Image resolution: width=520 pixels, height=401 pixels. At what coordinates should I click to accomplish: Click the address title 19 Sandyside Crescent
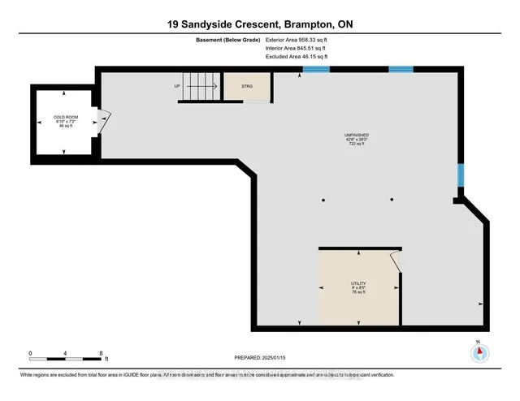(x=259, y=25)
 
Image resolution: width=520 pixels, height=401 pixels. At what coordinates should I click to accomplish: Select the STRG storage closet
(x=245, y=85)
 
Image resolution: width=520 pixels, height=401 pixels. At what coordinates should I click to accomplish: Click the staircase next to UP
(x=197, y=85)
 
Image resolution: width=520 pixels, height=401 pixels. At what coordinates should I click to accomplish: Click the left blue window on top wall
(x=316, y=69)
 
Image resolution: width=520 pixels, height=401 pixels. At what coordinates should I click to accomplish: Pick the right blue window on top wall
(x=401, y=69)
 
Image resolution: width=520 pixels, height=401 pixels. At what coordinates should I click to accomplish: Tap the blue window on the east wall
(x=460, y=175)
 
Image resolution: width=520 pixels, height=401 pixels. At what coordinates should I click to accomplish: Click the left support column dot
(x=323, y=200)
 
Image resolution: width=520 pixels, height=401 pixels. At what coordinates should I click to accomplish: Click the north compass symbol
(x=479, y=353)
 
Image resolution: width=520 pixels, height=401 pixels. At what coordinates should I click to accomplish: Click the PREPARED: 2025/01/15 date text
(x=259, y=357)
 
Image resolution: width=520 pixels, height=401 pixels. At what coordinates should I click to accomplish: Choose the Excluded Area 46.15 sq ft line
(x=296, y=58)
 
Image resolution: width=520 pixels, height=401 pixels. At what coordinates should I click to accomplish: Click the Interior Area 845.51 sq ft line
(x=296, y=49)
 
